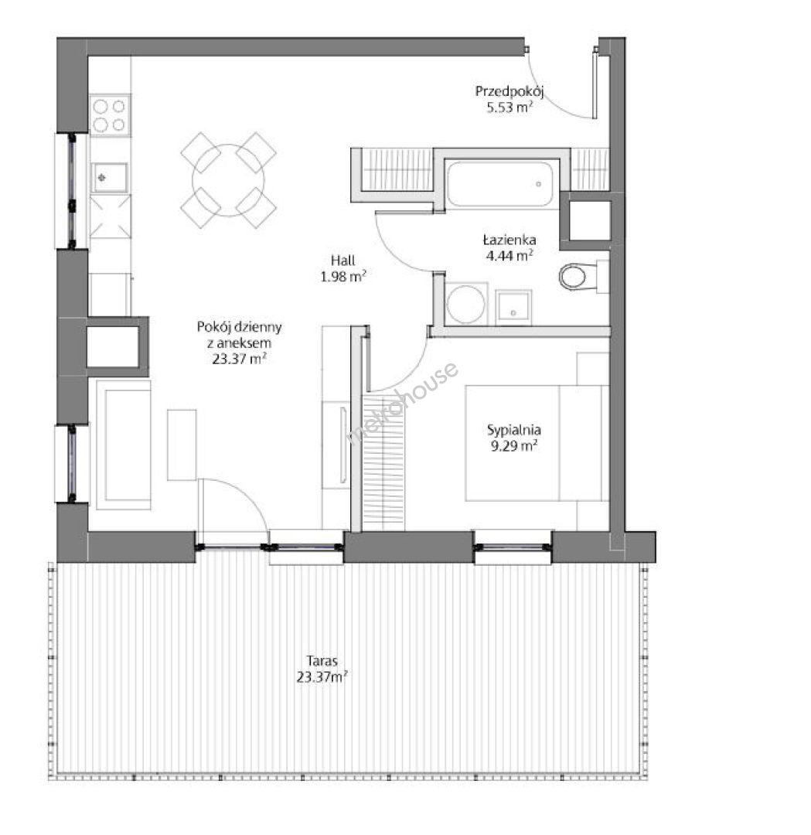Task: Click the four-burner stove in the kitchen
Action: [110, 115]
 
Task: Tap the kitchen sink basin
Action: [110, 177]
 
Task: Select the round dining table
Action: [228, 180]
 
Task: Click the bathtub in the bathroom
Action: [499, 184]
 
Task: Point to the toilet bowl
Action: [573, 276]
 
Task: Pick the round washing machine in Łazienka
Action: [466, 304]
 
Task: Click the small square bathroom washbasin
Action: [513, 307]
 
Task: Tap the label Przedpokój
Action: [509, 91]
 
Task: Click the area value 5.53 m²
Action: [509, 107]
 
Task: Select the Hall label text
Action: [343, 261]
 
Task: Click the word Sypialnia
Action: [514, 430]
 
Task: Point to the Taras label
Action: [322, 661]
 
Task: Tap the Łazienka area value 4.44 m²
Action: [509, 256]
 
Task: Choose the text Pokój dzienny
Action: [239, 326]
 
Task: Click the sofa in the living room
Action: [124, 445]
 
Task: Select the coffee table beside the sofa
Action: [182, 445]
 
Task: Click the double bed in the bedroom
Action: [537, 443]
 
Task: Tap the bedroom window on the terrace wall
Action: [513, 547]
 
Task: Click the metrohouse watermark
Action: [402, 403]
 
